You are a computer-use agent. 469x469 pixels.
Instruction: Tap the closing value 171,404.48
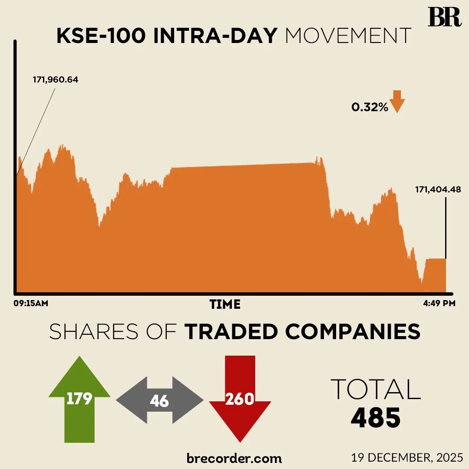[x=438, y=189]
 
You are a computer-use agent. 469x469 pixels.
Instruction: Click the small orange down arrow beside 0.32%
[x=397, y=102]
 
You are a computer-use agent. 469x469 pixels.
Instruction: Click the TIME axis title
[x=225, y=304]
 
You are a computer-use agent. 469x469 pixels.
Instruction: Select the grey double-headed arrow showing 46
[x=159, y=400]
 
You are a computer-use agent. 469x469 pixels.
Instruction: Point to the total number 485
[x=376, y=417]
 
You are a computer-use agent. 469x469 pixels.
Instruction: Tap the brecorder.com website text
[x=234, y=458]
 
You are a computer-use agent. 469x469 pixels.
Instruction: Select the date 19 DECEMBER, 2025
[x=408, y=458]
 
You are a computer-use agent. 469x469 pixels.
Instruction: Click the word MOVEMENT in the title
[x=348, y=36]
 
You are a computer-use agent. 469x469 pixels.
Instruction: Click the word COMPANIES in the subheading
[x=353, y=332]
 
